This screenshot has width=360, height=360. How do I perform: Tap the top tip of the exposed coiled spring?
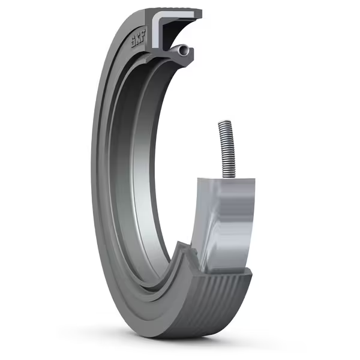click(x=223, y=122)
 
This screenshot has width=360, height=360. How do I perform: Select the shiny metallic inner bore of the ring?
click(x=135, y=180)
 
